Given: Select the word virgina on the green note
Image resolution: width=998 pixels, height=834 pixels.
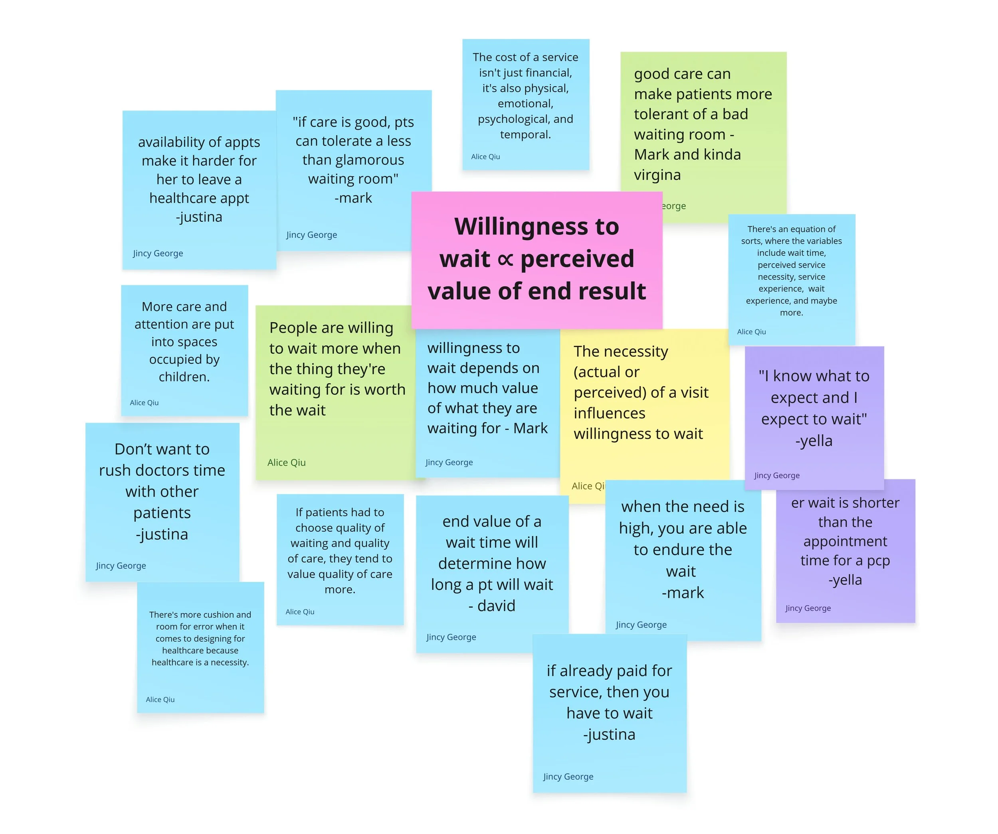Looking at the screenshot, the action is [657, 175].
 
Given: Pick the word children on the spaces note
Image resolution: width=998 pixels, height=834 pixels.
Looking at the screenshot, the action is [184, 377].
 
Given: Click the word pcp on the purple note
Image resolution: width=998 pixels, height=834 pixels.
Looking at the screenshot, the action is [878, 561].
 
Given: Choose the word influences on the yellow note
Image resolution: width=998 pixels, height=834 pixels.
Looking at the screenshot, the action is [609, 413].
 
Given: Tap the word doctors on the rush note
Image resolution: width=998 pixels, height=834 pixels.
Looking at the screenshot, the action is [162, 470].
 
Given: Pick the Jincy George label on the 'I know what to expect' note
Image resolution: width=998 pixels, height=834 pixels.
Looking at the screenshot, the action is [776, 475].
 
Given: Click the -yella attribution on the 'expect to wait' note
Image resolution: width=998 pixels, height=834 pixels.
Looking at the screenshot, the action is [814, 441].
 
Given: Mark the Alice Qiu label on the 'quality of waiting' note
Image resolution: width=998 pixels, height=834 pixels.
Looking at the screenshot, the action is [300, 612].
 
